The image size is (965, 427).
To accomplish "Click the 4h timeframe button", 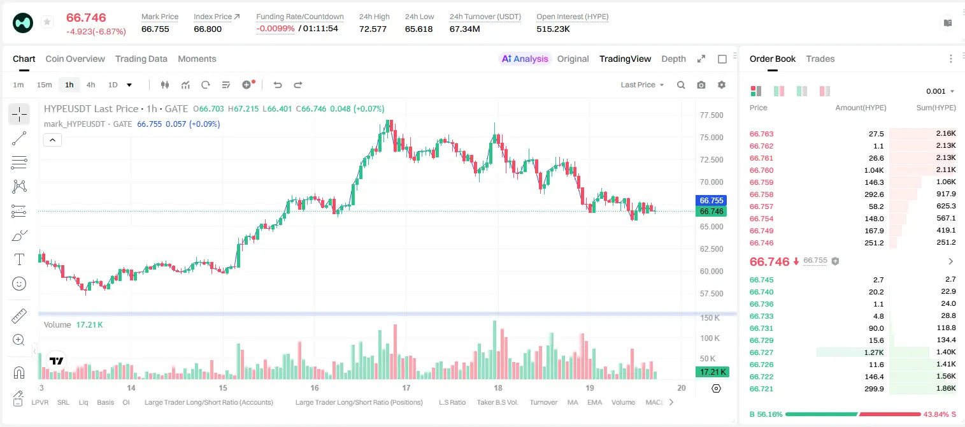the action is [x=90, y=85].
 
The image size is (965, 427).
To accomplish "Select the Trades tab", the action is [x=820, y=59].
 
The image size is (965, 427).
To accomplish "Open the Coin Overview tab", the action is [x=75, y=59].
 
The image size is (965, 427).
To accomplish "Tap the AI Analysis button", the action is [x=525, y=59].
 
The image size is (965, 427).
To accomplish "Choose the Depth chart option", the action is [x=673, y=59].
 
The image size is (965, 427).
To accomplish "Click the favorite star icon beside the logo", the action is [x=47, y=22].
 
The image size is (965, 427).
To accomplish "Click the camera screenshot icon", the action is [x=701, y=85].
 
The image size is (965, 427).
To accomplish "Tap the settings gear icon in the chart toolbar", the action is [x=722, y=85].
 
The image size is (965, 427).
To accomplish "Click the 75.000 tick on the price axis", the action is [x=711, y=138].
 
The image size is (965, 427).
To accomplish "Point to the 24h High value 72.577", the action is [x=373, y=29].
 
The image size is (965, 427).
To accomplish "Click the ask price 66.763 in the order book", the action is [x=761, y=134].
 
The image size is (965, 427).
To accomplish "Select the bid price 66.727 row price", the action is [x=761, y=352].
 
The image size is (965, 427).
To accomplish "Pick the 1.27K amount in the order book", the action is [x=874, y=352].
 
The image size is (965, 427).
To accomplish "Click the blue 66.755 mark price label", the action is [x=711, y=200].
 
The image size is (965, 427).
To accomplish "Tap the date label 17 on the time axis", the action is [x=406, y=387].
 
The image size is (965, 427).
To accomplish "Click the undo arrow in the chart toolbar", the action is [x=278, y=85].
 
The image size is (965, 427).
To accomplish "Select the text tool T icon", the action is [x=19, y=259].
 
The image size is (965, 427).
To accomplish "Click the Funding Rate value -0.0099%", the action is [x=275, y=29].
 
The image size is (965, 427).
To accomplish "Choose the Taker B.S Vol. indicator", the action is [x=497, y=402].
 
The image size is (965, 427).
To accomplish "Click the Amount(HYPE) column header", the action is [x=861, y=108].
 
